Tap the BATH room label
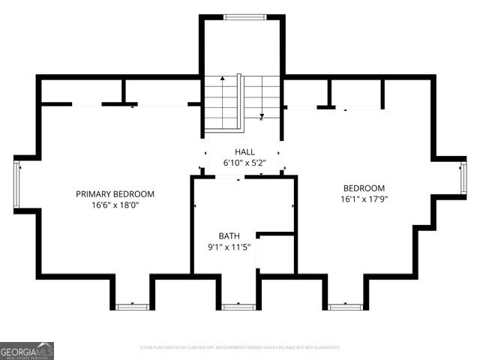point(229,235)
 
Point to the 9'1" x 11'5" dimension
point(229,247)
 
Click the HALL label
point(244,151)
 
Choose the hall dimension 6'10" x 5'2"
point(244,163)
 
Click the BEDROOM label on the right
point(364,188)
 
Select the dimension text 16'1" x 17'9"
point(364,199)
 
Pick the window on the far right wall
point(463,177)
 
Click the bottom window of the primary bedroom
point(132,306)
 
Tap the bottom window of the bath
point(238,306)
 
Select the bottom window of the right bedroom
point(345,306)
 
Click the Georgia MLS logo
point(27,351)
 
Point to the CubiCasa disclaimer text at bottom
point(240,347)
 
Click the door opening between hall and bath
point(229,177)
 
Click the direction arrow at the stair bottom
point(261,115)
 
